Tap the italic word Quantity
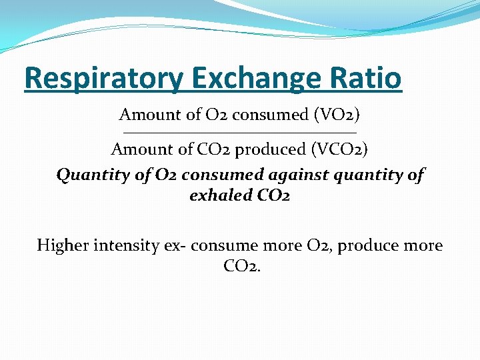pyautogui.click(x=84, y=175)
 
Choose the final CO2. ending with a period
pyautogui.click(x=243, y=267)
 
